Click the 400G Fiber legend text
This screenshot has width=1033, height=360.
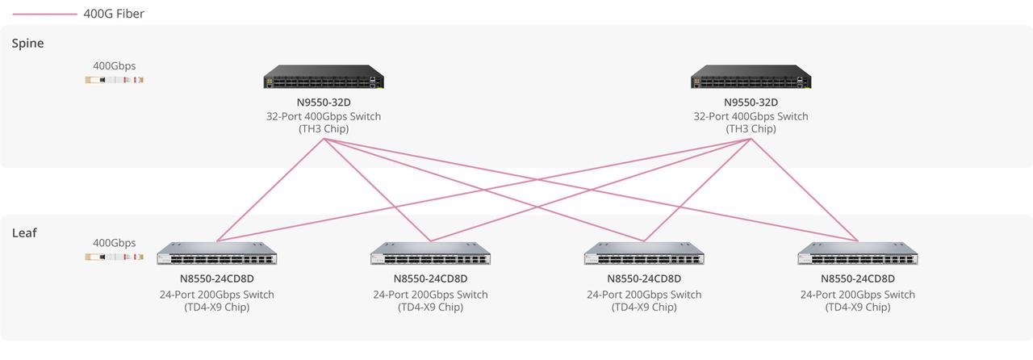pyautogui.click(x=114, y=14)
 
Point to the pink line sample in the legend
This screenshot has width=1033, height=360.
pyautogui.click(x=44, y=14)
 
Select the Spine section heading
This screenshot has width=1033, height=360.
pyautogui.click(x=27, y=44)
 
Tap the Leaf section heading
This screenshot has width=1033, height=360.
pyautogui.click(x=24, y=232)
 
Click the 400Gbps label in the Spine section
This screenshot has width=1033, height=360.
pyautogui.click(x=114, y=66)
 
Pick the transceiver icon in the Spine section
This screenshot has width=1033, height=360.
pyautogui.click(x=114, y=80)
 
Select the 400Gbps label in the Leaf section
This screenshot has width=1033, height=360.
pyautogui.click(x=114, y=243)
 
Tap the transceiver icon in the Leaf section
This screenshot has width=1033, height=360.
pyautogui.click(x=114, y=257)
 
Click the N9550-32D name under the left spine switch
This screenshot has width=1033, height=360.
pyautogui.click(x=324, y=103)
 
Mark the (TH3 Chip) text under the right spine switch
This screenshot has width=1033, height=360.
pyautogui.click(x=751, y=129)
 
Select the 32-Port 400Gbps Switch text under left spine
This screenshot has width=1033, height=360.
pyautogui.click(x=324, y=116)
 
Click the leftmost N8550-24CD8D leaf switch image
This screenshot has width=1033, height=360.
pyautogui.click(x=217, y=254)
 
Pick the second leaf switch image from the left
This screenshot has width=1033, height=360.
pyautogui.click(x=431, y=254)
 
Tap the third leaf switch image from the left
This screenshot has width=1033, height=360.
pyautogui.click(x=644, y=254)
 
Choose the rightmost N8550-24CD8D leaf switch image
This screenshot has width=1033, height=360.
pyautogui.click(x=858, y=254)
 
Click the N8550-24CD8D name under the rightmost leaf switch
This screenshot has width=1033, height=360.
pyautogui.click(x=858, y=279)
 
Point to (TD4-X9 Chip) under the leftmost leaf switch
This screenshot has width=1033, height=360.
pyautogui.click(x=217, y=308)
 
